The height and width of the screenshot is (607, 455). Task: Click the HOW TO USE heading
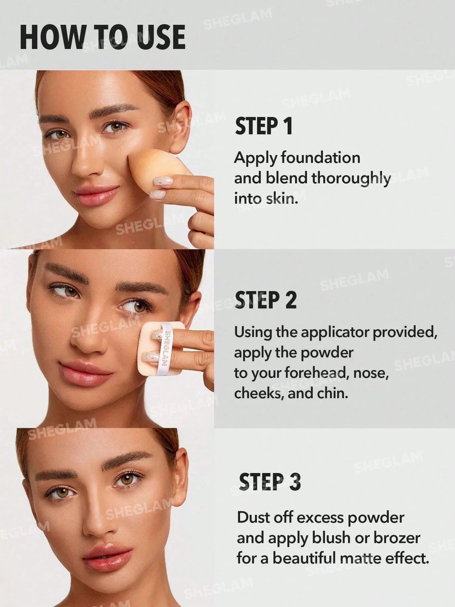(x=103, y=37)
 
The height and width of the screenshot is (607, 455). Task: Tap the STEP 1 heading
(x=263, y=126)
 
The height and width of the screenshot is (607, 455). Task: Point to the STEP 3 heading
(x=270, y=482)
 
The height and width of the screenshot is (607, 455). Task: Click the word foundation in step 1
(x=321, y=158)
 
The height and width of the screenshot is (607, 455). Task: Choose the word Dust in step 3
(x=253, y=518)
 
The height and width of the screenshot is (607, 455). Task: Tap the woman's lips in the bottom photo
(x=108, y=555)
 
